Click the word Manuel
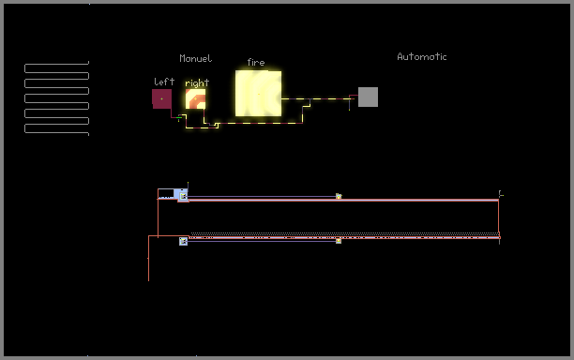pos(195,58)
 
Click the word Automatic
pos(422,56)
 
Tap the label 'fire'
pos(255,63)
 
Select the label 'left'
pos(164,82)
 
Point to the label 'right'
pos(197,83)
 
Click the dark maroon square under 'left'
pos(162,98)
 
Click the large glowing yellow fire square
pos(259,94)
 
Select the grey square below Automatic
pos(368,97)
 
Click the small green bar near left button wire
pos(179,118)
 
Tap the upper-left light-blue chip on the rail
pos(183,196)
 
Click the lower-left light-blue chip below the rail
pos(183,241)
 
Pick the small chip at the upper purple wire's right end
pos(339,197)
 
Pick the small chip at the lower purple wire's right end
pos(339,241)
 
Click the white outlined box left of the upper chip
pos(166,194)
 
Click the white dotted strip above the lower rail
pos(345,233)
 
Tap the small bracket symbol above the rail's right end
pos(501,194)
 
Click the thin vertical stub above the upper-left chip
pos(188,186)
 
